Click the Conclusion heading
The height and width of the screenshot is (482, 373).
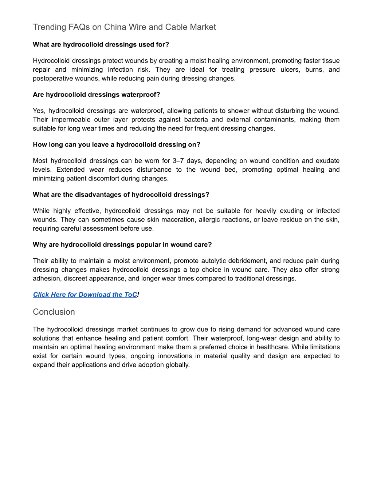click(54, 312)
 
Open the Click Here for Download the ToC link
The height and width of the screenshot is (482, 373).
click(85, 295)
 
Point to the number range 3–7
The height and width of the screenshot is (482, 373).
click(178, 161)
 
